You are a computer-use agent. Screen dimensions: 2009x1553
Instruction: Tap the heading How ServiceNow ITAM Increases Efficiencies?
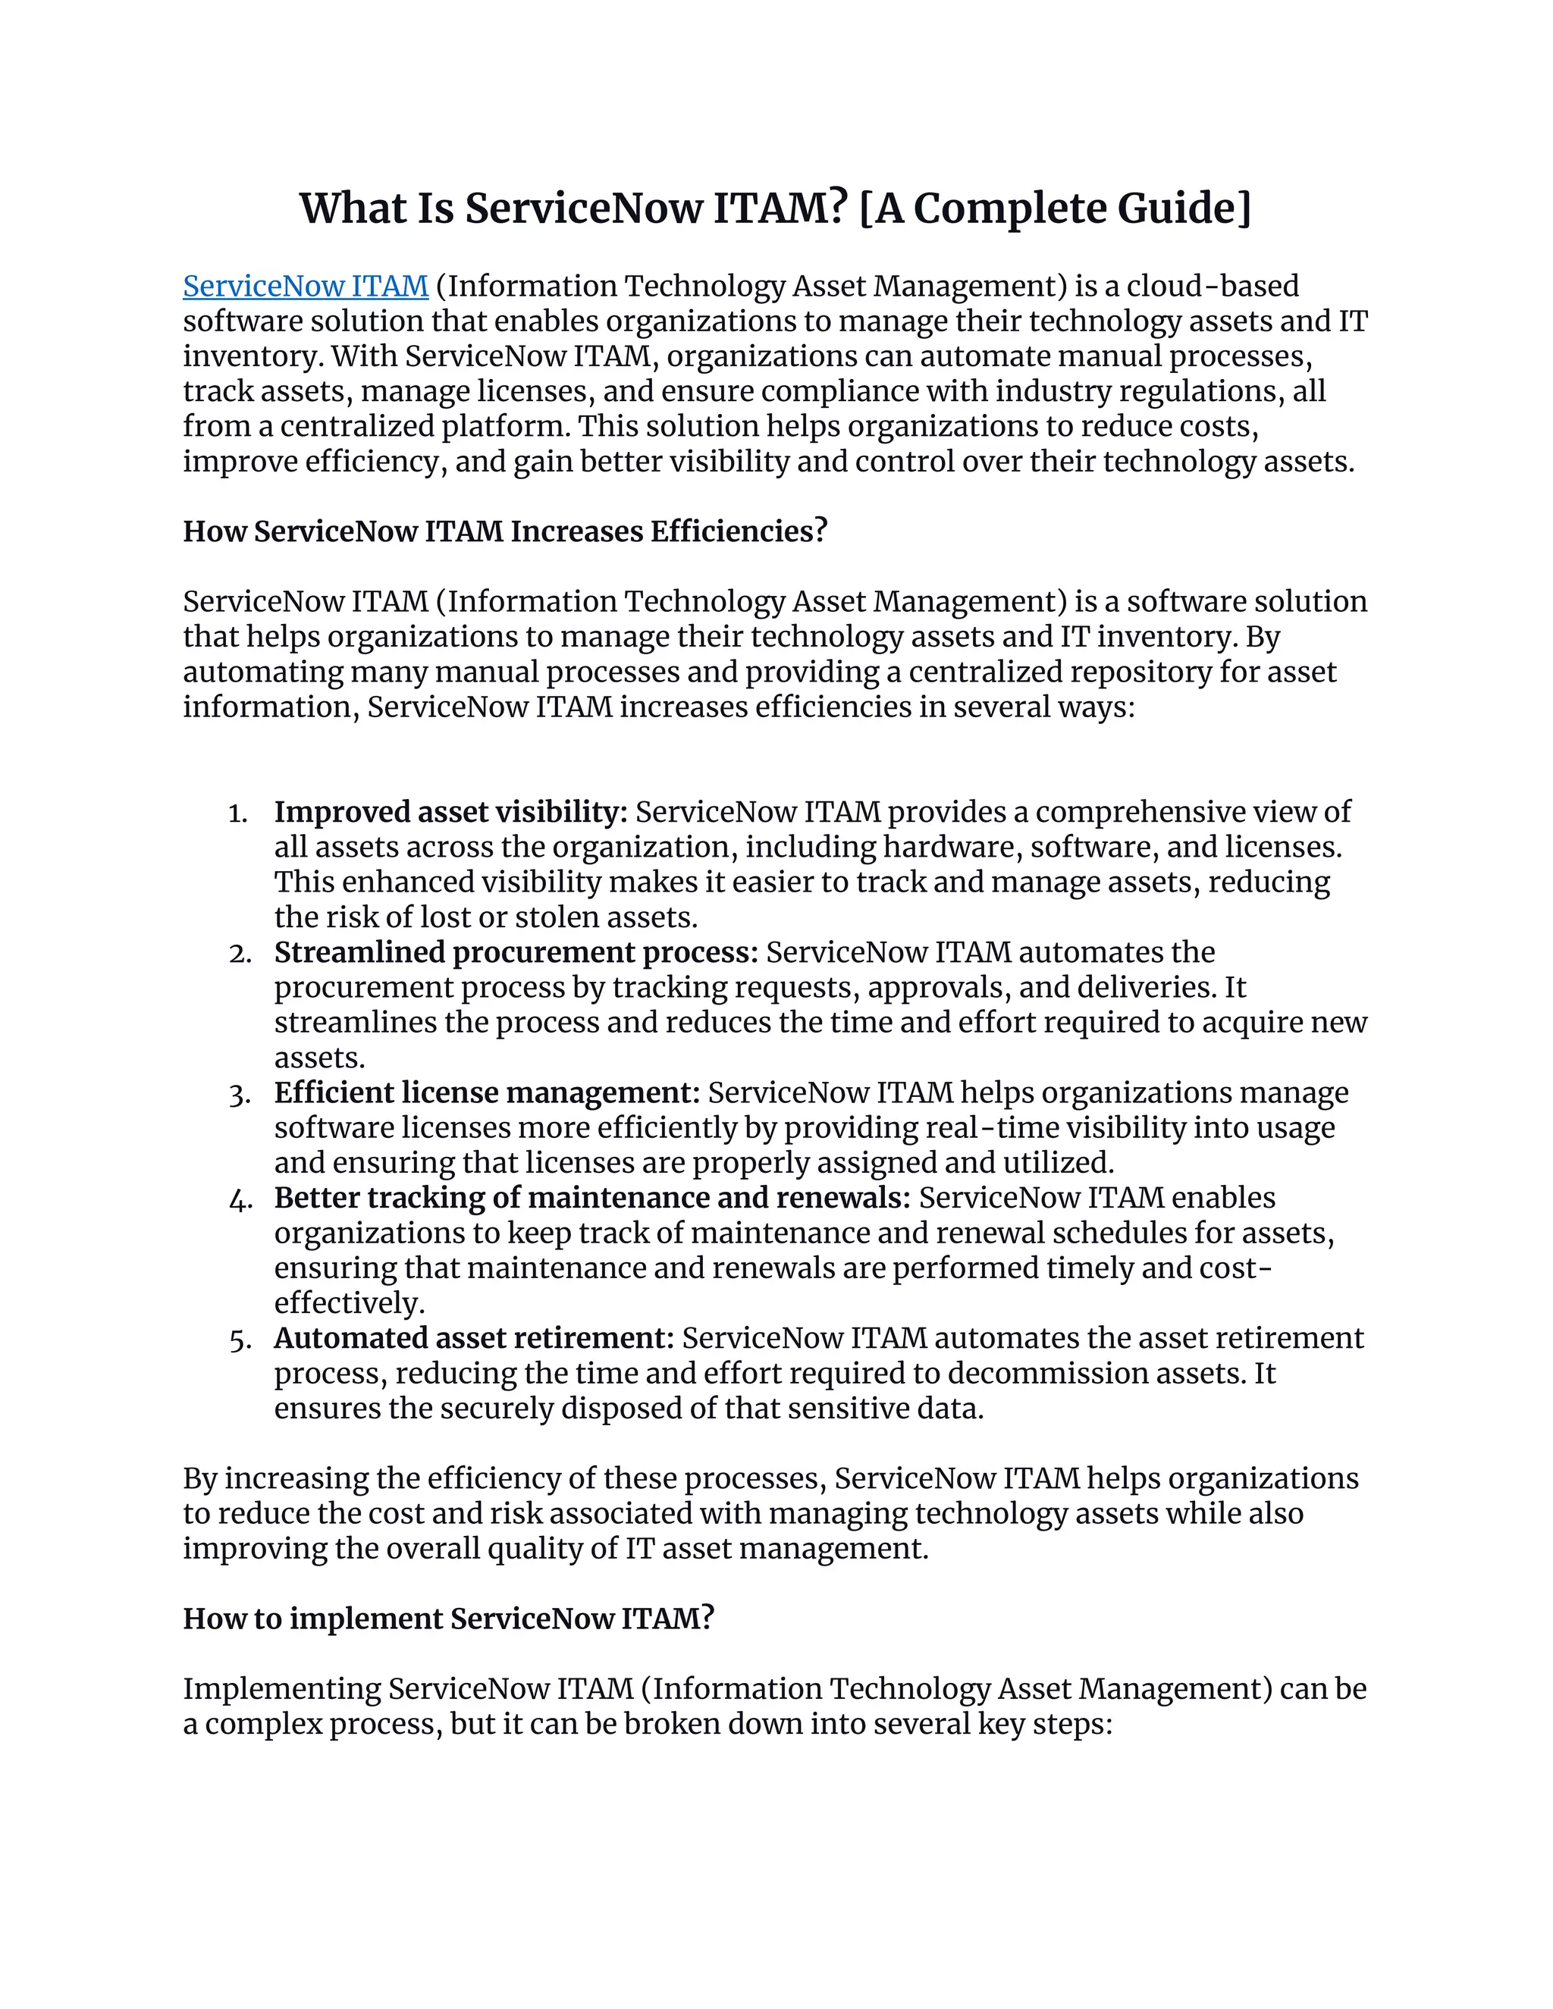[505, 531]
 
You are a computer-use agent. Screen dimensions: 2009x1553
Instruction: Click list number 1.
[238, 814]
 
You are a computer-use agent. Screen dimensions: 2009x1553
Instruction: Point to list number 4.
[240, 1199]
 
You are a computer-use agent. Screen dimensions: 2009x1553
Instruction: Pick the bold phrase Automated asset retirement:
[474, 1338]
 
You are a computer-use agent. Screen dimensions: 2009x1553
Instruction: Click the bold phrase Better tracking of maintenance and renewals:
[591, 1199]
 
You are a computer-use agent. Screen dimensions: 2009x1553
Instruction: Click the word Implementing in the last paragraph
[281, 1689]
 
